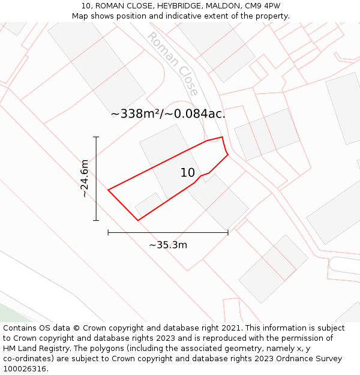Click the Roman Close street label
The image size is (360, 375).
(x=173, y=64)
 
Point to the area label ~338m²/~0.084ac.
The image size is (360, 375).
(x=168, y=113)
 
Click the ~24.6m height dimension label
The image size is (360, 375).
(x=85, y=178)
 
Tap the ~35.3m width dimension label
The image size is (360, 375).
(x=168, y=244)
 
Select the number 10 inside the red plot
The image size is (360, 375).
(x=188, y=173)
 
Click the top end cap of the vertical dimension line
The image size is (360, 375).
(x=96, y=137)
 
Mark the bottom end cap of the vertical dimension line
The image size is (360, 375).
(x=96, y=220)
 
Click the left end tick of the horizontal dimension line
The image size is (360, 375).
(x=108, y=232)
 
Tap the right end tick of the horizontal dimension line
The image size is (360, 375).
(x=228, y=232)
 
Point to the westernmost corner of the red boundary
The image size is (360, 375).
(x=109, y=190)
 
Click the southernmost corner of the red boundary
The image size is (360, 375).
(x=138, y=220)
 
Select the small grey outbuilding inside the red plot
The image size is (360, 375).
(x=149, y=205)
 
